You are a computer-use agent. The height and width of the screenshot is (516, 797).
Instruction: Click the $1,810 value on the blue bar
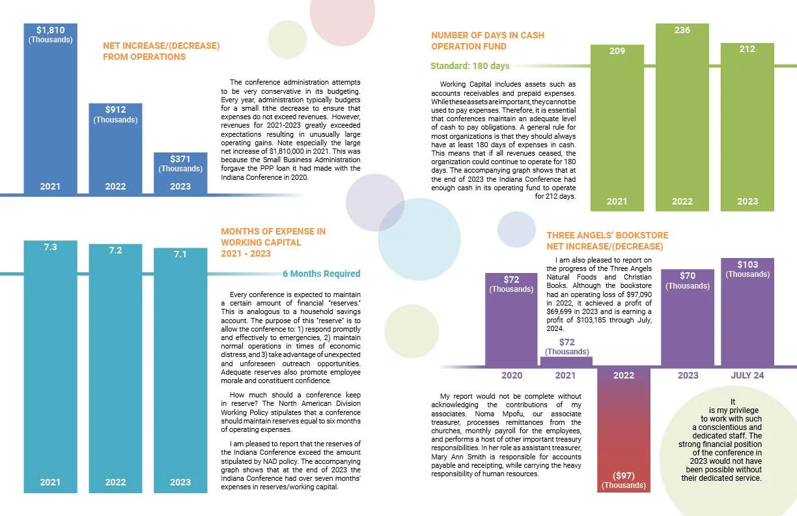pos(51,30)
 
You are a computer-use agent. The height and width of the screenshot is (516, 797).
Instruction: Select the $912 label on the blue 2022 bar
pos(115,109)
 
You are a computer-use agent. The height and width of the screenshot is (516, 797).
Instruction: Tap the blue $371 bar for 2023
pos(180,173)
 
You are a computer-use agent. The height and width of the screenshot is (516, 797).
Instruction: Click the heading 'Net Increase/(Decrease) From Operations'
pos(161,51)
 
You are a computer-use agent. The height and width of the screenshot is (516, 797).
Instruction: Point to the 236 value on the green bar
pos(682,30)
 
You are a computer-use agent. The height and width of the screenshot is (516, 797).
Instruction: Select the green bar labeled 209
pos(617,128)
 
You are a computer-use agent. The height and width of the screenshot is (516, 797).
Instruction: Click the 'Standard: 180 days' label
pos(469,66)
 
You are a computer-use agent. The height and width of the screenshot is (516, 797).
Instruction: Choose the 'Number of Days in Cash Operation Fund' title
pos(488,41)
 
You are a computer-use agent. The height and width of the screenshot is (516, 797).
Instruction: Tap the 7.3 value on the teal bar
pos(51,247)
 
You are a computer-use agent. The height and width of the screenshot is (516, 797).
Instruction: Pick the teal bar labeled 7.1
pos(180,370)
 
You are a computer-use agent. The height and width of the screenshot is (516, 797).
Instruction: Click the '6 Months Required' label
pos(321,274)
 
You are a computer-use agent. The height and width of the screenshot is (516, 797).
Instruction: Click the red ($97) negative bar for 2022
pos(624,430)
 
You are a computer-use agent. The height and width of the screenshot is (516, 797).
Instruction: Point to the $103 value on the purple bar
pos(748,265)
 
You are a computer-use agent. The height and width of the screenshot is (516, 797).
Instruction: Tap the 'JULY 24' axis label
pos(748,375)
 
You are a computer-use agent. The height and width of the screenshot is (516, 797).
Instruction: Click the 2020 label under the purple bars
pos(512,375)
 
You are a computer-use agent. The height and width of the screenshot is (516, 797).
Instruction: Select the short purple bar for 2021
pos(566,362)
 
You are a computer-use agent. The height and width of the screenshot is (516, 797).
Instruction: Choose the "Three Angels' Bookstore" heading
pos(608,235)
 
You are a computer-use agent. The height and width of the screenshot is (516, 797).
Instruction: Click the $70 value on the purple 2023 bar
pos(688,276)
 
